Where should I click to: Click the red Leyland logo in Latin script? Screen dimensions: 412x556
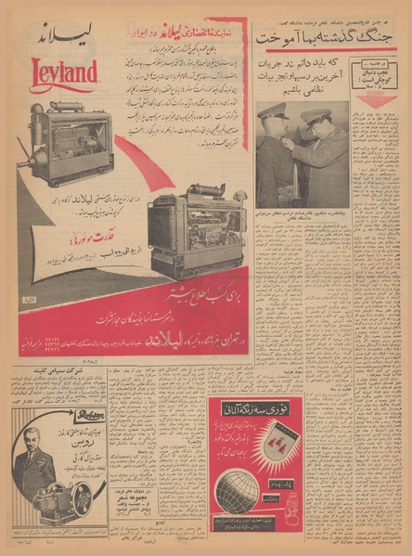[x=65, y=72]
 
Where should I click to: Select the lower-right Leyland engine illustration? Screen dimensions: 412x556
[x=196, y=234]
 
